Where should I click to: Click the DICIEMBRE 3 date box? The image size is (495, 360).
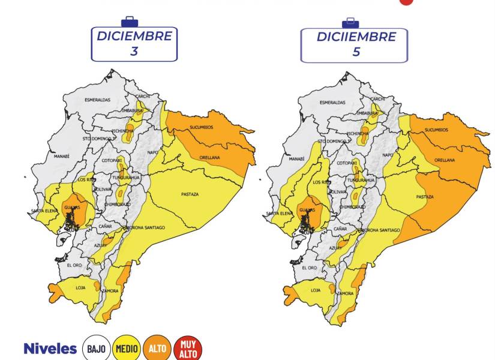point(134,44)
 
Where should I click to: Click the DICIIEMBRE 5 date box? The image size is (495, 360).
point(356,44)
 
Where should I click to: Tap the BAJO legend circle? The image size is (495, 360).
point(96,349)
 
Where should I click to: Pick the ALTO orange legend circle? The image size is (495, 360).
point(158,349)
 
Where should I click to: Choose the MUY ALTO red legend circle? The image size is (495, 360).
point(188,349)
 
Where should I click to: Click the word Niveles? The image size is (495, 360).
point(50,349)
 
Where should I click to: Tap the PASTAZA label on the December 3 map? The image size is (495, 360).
point(190,194)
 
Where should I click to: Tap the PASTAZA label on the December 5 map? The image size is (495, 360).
point(425,197)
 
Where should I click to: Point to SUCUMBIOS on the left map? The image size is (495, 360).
point(202,128)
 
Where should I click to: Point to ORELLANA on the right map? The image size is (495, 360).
point(445,160)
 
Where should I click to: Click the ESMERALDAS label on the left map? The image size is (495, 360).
point(97,100)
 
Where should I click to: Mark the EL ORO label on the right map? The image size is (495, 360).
point(309,268)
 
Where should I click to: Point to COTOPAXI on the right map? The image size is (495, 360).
point(347,163)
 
